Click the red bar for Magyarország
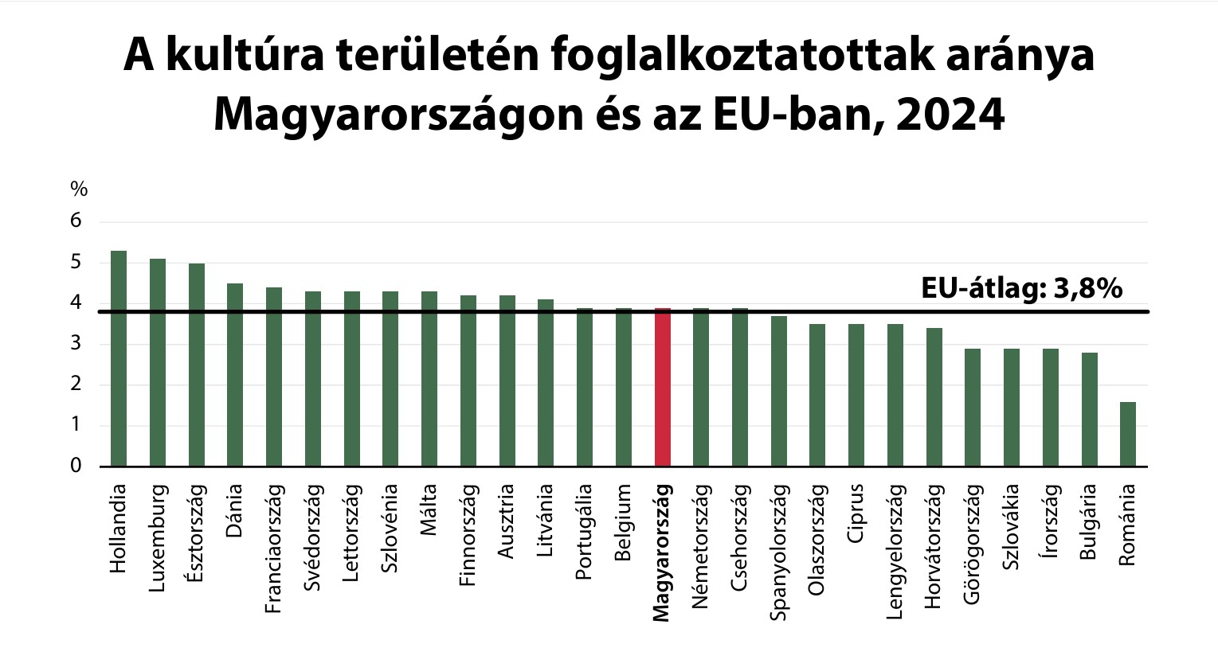662,387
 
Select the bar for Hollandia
119,358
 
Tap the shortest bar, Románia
1128,434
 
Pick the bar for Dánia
235,374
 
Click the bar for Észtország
196,365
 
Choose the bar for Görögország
973,407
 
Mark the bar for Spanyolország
778,391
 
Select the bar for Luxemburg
158,362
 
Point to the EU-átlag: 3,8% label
1021,288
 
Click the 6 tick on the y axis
76,221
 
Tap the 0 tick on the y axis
76,466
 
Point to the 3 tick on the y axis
76,344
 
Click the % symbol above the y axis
79,189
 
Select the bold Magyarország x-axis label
661,552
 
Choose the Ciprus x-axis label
856,513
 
